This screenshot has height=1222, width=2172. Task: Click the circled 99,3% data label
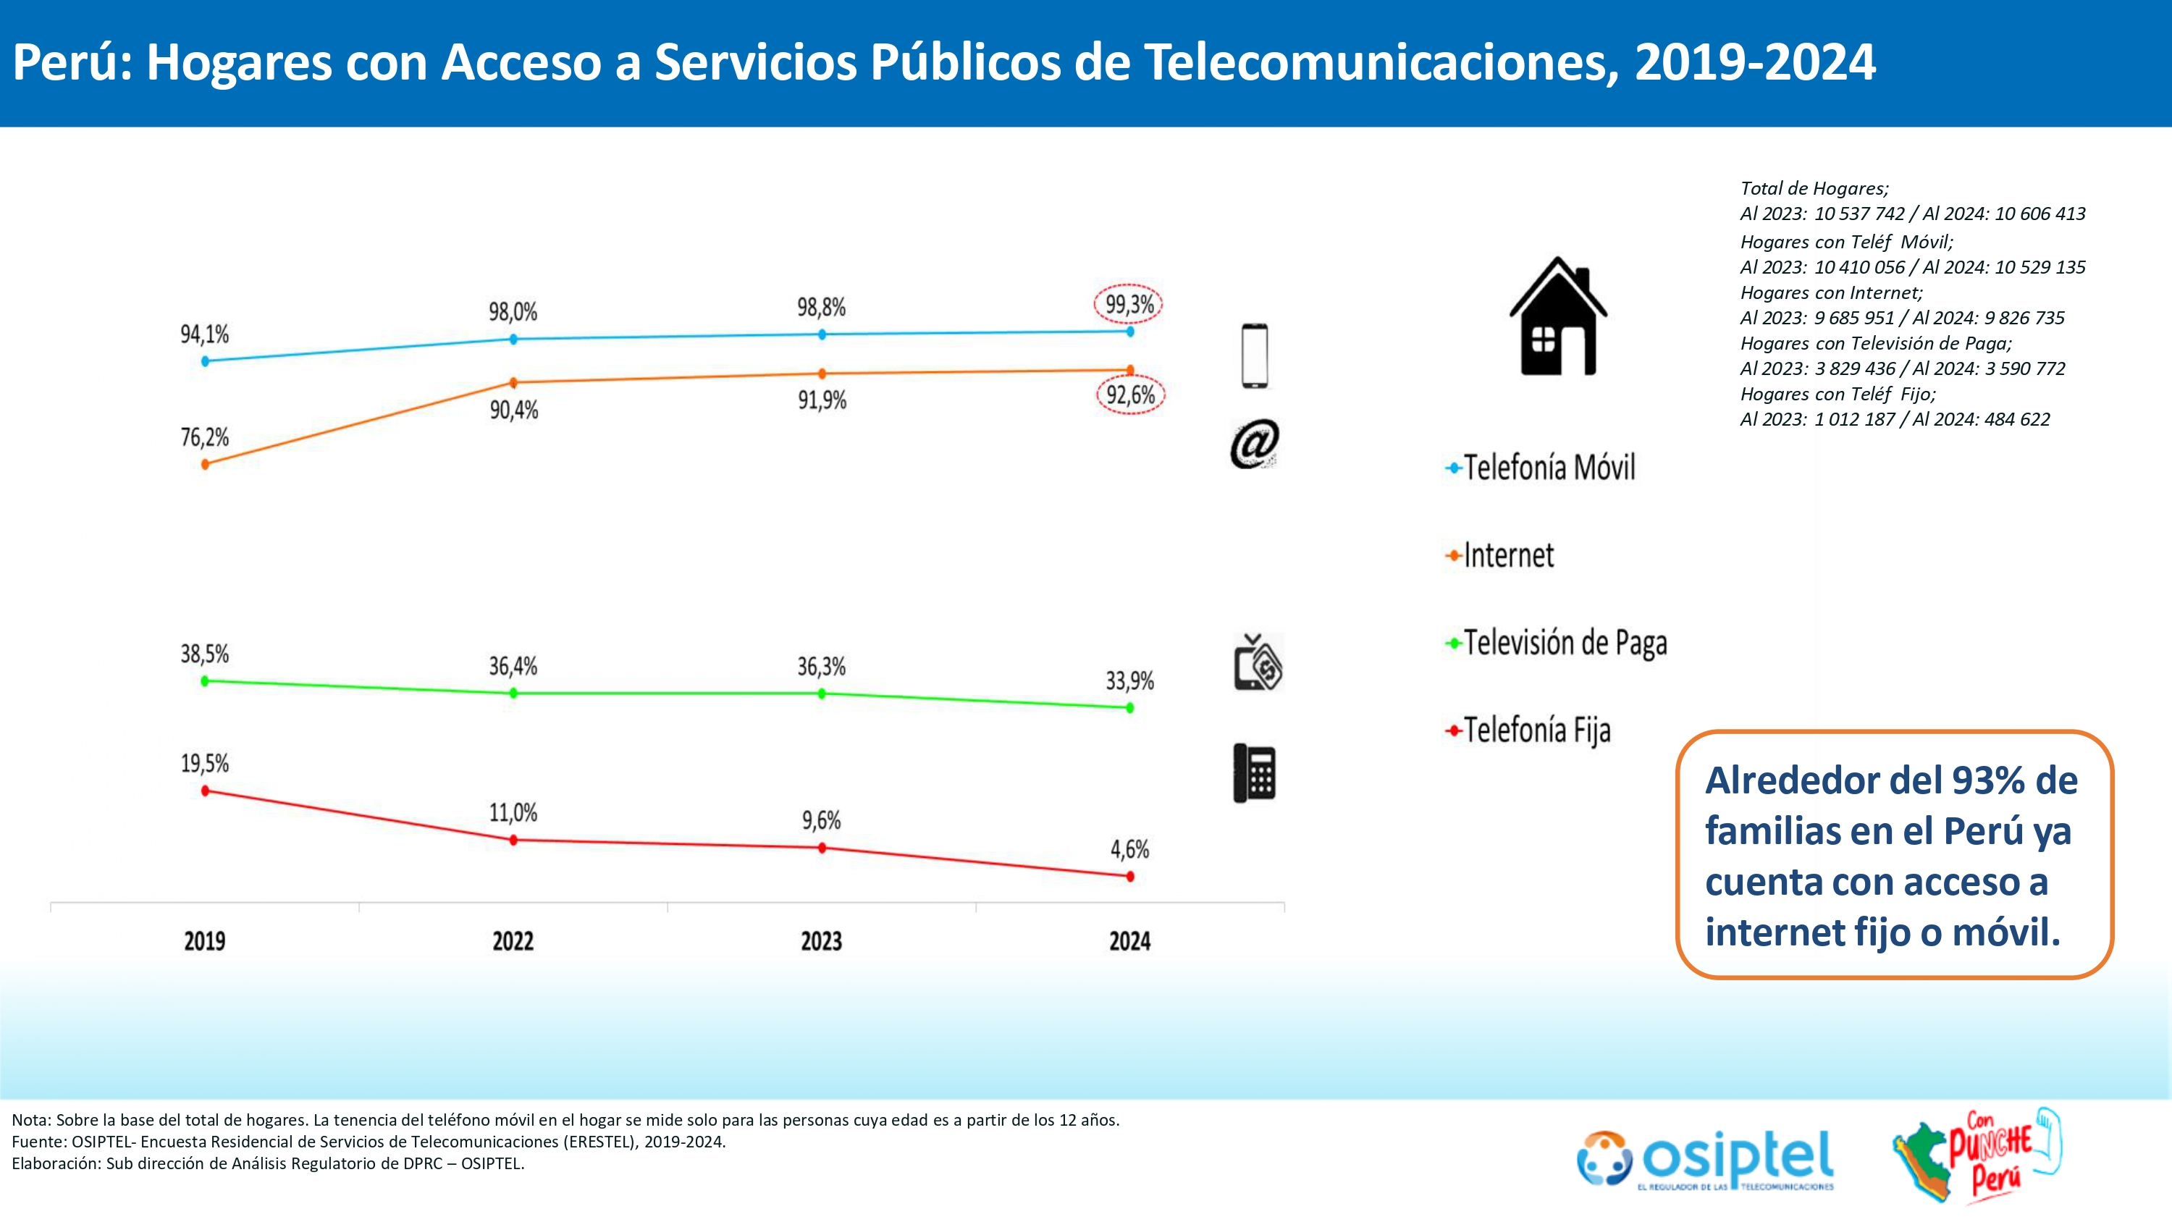(x=1128, y=305)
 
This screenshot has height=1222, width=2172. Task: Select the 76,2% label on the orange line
(x=205, y=437)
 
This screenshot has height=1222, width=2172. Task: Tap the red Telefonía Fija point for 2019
(x=205, y=791)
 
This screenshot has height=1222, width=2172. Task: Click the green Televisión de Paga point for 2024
(x=1130, y=707)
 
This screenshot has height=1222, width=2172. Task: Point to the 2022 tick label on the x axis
(x=513, y=940)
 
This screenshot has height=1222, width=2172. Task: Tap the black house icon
(x=1558, y=317)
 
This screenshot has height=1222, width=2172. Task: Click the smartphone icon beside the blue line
(x=1255, y=356)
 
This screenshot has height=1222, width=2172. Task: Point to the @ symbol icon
(x=1254, y=444)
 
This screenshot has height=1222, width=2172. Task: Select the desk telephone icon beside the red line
(x=1255, y=772)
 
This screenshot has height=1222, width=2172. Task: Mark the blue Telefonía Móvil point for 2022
(x=513, y=339)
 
